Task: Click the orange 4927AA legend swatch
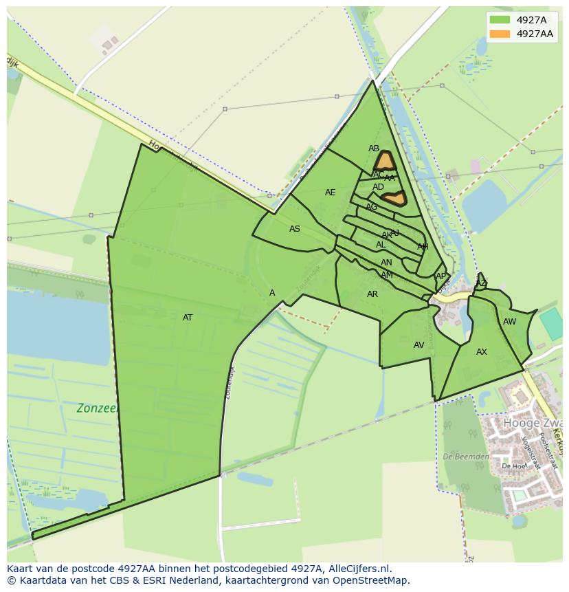pyautogui.click(x=500, y=34)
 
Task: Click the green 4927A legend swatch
pyautogui.click(x=500, y=20)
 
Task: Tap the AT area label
pyautogui.click(x=188, y=318)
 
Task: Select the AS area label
pyautogui.click(x=295, y=229)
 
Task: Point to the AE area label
pyautogui.click(x=331, y=193)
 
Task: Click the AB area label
pyautogui.click(x=374, y=149)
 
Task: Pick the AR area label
pyautogui.click(x=372, y=294)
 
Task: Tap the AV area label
pyautogui.click(x=419, y=345)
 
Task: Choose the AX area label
pyautogui.click(x=482, y=352)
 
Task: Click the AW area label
pyautogui.click(x=509, y=322)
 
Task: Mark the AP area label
pyautogui.click(x=440, y=276)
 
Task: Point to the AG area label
pyautogui.click(x=372, y=207)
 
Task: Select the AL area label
pyautogui.click(x=381, y=245)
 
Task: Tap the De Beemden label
pyautogui.click(x=466, y=457)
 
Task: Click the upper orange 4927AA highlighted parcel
pyautogui.click(x=384, y=161)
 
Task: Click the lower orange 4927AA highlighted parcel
pyautogui.click(x=394, y=199)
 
